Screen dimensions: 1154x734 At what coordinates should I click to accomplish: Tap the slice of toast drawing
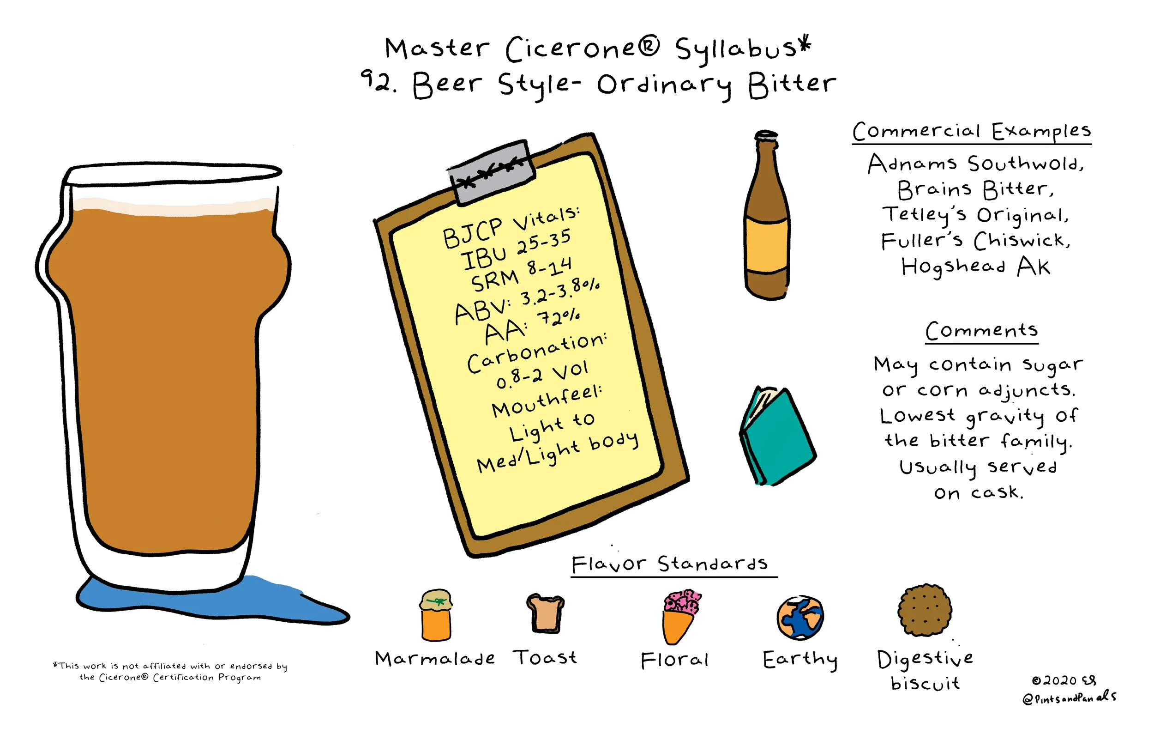click(545, 613)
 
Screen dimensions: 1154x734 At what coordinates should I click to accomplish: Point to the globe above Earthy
click(800, 618)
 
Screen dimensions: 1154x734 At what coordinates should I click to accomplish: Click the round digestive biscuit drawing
click(925, 610)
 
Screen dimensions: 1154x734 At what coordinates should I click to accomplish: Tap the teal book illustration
click(776, 436)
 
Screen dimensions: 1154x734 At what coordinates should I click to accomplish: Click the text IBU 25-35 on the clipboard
click(516, 249)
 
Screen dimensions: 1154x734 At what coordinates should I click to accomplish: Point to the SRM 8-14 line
click(521, 275)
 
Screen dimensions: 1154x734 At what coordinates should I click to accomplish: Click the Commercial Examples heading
click(971, 131)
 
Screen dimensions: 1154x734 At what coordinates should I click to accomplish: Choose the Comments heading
click(981, 330)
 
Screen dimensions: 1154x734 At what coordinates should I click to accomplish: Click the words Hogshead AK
click(976, 267)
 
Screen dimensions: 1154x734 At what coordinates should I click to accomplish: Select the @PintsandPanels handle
click(1069, 698)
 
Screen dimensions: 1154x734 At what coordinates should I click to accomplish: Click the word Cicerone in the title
click(582, 49)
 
